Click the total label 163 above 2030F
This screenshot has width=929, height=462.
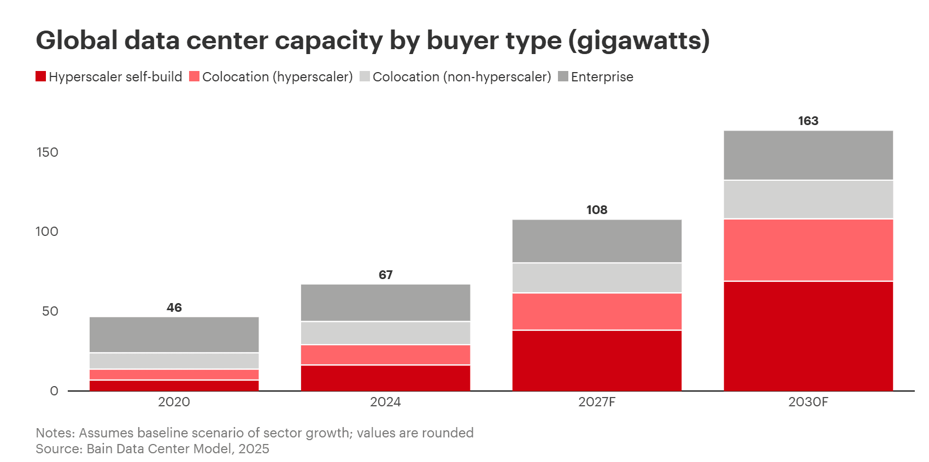coord(808,121)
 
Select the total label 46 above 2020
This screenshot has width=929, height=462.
coord(174,308)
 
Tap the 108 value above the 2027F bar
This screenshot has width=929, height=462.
coord(597,210)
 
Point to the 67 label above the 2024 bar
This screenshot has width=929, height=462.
coord(385,275)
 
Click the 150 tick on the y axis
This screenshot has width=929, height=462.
coord(48,152)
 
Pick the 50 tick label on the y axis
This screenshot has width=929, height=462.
coord(50,311)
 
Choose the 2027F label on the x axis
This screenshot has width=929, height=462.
coord(597,402)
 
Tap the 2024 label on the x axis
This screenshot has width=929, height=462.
coord(385,402)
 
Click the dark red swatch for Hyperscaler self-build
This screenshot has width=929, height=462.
coord(41,76)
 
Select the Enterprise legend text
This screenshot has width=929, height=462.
coord(602,77)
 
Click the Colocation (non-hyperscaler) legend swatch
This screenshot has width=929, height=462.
coord(365,76)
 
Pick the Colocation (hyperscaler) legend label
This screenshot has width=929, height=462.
coord(277,77)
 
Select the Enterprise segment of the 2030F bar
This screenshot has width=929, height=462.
coord(808,155)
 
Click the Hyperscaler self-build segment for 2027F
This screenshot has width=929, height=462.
coord(597,360)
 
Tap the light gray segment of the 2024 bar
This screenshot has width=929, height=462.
coord(385,333)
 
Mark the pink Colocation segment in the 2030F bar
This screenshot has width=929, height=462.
coord(808,250)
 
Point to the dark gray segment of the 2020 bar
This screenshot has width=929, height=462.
coord(174,334)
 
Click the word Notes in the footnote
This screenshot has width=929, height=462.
coord(55,433)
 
